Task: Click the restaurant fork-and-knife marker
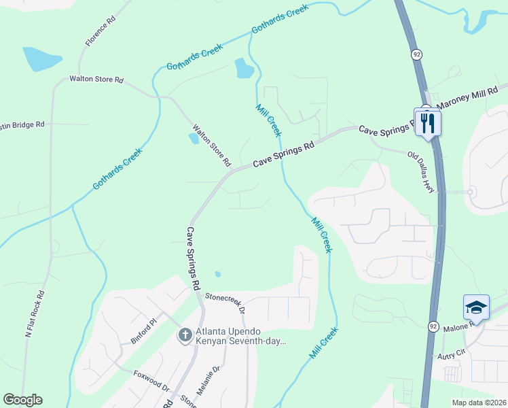tap(428, 122)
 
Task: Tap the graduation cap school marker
tap(476, 309)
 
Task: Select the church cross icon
tap(185, 335)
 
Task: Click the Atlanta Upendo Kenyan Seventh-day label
tap(241, 337)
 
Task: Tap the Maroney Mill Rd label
tap(471, 98)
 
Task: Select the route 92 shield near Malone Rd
tap(433, 326)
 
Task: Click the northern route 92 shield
tap(414, 53)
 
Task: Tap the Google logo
tap(22, 400)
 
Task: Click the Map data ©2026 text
tap(478, 403)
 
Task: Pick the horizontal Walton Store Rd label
tap(96, 80)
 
